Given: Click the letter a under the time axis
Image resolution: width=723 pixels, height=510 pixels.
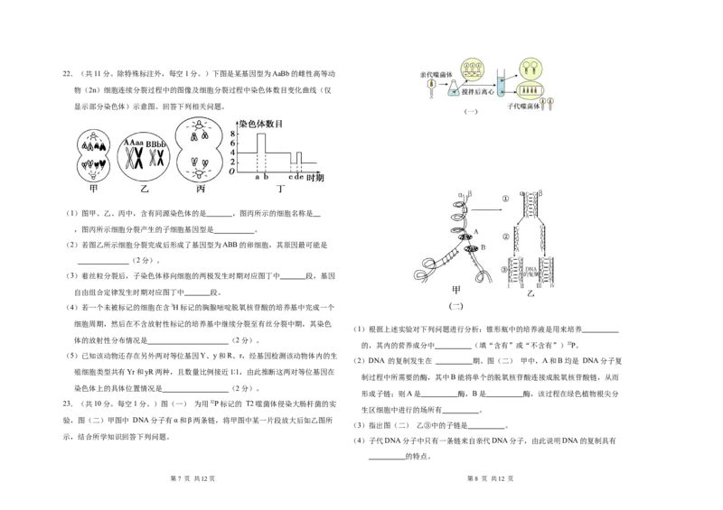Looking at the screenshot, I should (x=256, y=177).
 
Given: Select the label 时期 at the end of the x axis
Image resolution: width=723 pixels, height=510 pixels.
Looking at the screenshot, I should (x=314, y=178).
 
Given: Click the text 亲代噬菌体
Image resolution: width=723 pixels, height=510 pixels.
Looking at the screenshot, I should (x=436, y=76).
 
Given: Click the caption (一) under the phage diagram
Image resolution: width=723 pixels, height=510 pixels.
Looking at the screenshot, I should (x=470, y=111).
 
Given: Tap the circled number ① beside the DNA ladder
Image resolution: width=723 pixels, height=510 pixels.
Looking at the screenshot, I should (x=506, y=199).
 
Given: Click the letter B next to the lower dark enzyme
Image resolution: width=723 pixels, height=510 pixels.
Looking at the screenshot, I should (x=484, y=246).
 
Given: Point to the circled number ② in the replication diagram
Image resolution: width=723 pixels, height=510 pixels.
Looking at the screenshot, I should (x=506, y=236).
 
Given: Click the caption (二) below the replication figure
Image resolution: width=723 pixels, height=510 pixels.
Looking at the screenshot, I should (x=455, y=306).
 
